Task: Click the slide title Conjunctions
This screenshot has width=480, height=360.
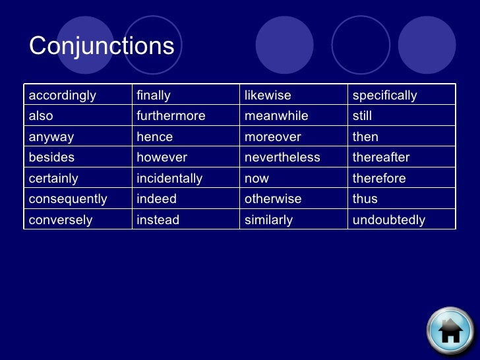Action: tap(102, 46)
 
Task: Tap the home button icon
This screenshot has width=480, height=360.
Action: tap(450, 331)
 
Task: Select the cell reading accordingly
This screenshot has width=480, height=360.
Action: tap(62, 96)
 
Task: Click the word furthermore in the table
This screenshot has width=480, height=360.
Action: tap(171, 116)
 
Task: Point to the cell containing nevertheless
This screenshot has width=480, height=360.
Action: tap(282, 158)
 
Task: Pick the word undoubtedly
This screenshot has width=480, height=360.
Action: tap(389, 220)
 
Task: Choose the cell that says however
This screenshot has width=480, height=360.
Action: tap(162, 158)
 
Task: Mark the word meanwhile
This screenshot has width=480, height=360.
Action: tap(276, 116)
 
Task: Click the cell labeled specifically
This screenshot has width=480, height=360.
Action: tap(385, 96)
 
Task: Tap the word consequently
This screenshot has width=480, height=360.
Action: tap(68, 199)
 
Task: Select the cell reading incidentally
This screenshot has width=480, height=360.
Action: tap(169, 179)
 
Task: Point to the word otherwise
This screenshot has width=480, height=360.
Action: tap(273, 199)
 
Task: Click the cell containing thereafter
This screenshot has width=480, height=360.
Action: tap(381, 158)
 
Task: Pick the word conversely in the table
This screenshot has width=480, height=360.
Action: tap(61, 220)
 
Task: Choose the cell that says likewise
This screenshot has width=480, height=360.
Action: tap(268, 96)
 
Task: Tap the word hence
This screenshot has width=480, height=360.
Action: tap(154, 137)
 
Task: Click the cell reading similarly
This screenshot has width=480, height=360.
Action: tap(268, 220)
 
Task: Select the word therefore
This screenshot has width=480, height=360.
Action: tap(379, 179)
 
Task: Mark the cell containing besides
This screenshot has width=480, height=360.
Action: tap(51, 158)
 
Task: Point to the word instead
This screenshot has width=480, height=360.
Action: tap(158, 220)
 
